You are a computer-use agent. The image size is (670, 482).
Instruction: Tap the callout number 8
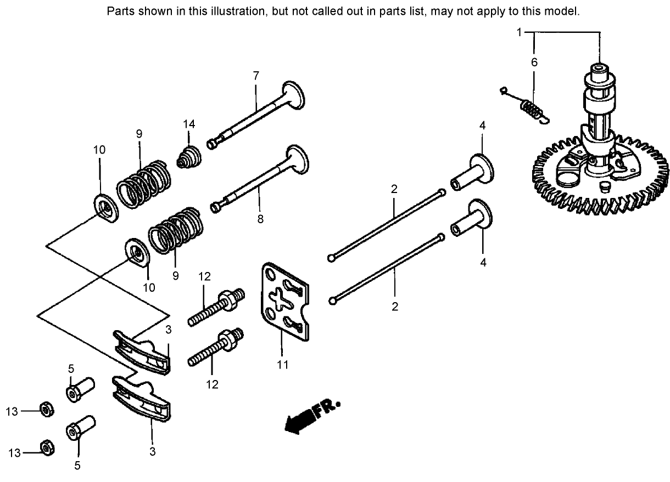point(260,218)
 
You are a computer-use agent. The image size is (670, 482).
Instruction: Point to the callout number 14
point(189,124)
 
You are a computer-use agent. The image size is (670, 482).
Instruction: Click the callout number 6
point(534,63)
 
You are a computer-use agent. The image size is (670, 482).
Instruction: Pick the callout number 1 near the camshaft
point(519,32)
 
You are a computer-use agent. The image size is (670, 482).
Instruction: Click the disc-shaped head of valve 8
point(298,158)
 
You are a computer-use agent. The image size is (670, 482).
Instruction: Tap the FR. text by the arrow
point(327,409)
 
